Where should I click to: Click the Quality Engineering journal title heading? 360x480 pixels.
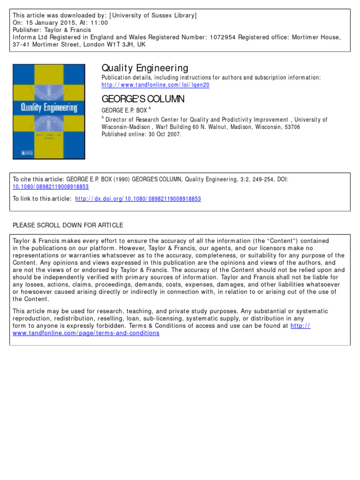(x=145, y=68)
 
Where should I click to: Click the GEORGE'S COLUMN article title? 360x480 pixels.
(x=143, y=99)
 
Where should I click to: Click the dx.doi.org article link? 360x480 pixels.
(x=138, y=199)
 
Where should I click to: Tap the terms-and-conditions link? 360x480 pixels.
(x=86, y=333)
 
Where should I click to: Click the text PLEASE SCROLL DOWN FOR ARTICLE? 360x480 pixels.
(x=68, y=225)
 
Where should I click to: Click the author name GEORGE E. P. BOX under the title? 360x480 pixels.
(x=123, y=110)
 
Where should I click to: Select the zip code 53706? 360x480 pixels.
(x=290, y=127)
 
